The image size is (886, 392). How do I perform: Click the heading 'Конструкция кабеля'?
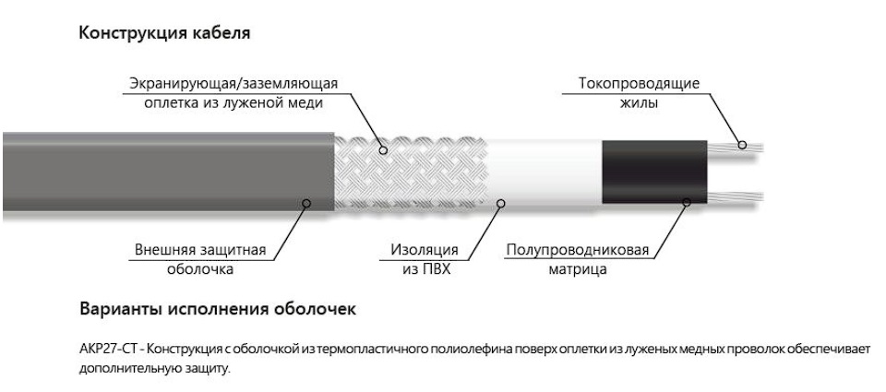click(x=164, y=33)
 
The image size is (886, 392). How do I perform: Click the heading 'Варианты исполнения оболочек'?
click(x=218, y=310)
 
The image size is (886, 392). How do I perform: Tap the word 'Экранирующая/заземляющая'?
click(x=233, y=84)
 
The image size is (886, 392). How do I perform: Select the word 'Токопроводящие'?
click(x=639, y=84)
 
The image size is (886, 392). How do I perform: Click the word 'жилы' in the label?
click(x=639, y=104)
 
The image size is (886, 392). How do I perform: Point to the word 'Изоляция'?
click(x=425, y=250)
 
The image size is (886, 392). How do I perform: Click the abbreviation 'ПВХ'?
click(x=438, y=269)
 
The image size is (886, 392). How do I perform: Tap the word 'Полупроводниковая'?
click(x=578, y=250)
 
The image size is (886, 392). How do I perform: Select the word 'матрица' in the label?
click(x=578, y=269)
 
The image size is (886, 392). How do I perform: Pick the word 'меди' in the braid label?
click(x=305, y=104)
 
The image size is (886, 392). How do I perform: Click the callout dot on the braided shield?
click(x=383, y=150)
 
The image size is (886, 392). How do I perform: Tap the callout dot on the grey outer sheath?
click(x=306, y=203)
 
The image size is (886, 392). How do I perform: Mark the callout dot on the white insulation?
click(x=500, y=203)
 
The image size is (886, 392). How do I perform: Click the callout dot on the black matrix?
click(x=687, y=202)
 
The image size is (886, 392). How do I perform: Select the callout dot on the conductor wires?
click(x=742, y=145)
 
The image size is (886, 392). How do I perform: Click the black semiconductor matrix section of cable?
click(x=653, y=172)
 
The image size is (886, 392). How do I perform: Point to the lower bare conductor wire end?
click(x=736, y=197)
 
